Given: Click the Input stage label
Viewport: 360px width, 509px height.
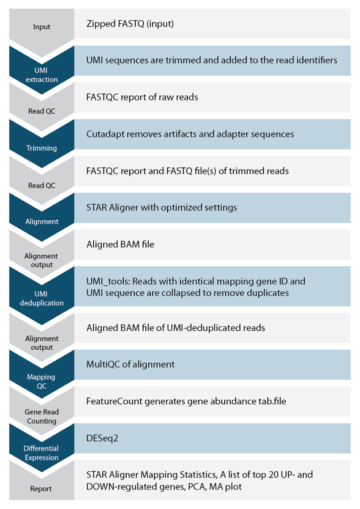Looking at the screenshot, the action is [x=41, y=26].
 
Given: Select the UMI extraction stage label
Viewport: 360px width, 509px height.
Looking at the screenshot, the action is [x=41, y=75].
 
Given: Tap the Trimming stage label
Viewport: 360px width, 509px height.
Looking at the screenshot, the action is [x=41, y=148].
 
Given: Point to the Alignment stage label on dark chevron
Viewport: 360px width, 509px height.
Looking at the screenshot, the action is [x=42, y=221].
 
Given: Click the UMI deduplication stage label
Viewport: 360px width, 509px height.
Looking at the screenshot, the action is [x=41, y=298].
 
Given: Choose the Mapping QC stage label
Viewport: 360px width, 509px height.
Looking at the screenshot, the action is [x=41, y=381].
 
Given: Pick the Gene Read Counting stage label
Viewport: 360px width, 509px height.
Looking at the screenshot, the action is [x=41, y=416].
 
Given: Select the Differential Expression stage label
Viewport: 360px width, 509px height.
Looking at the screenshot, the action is [x=41, y=453].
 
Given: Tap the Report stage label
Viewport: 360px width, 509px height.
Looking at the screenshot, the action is [x=41, y=488].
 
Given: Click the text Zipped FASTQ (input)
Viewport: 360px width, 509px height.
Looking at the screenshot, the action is [x=130, y=24].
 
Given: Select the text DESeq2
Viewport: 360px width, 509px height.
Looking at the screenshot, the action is [x=102, y=438].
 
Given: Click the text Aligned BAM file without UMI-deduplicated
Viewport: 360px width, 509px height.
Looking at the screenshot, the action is [x=120, y=244].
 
